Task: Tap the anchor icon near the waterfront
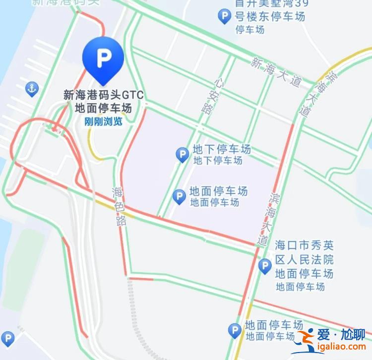[32, 89]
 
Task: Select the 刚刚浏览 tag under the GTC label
[103, 120]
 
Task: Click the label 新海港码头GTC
[103, 95]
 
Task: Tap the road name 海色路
[120, 206]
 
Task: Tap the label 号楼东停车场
[270, 17]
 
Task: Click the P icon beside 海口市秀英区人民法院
[265, 267]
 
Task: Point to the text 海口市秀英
[304, 245]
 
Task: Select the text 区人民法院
[304, 259]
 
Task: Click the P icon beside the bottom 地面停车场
[234, 330]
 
